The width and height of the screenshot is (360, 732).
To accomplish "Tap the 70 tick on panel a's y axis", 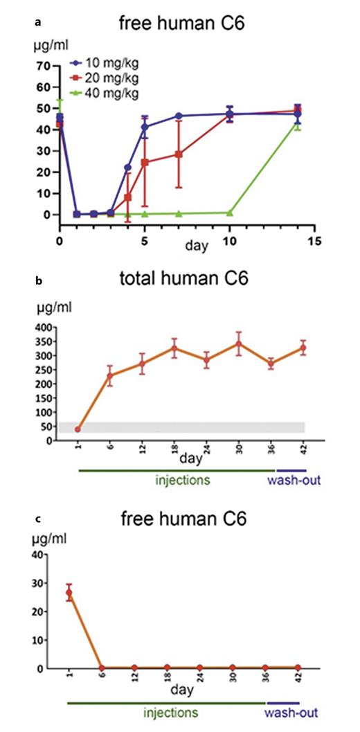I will click(43, 66).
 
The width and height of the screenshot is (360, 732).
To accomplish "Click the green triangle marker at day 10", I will click(230, 213).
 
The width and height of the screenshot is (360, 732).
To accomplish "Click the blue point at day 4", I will click(127, 168).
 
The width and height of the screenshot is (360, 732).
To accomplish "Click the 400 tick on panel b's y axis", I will click(43, 327).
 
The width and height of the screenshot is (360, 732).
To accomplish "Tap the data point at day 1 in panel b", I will click(78, 429).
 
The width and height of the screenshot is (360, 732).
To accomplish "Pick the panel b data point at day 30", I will click(239, 343).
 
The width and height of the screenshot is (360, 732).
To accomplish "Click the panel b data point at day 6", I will click(109, 376).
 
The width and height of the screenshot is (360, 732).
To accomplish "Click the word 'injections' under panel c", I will click(170, 713).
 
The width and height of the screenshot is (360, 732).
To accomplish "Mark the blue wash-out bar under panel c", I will click(281, 702).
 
